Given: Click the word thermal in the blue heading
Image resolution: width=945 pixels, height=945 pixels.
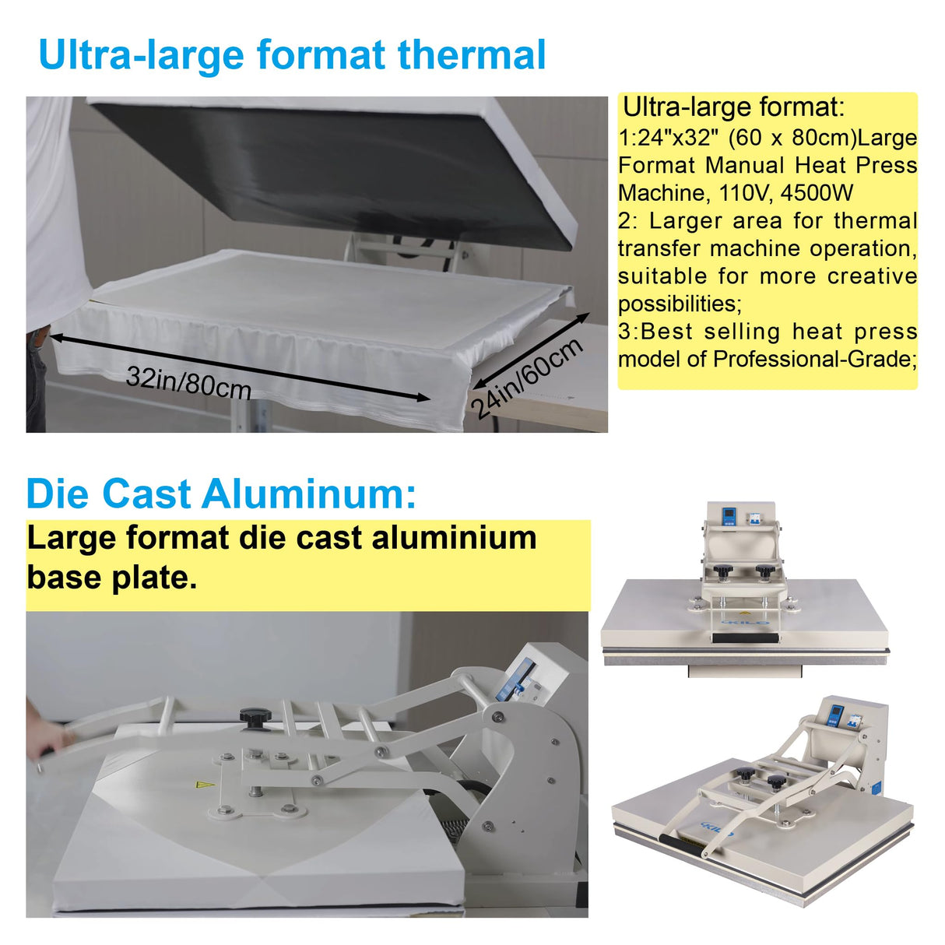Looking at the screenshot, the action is pos(472,55).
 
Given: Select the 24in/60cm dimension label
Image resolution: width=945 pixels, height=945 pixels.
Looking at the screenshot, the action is pos(528,378).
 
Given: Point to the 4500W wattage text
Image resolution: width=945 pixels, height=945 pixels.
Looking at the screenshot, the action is pos(817,193).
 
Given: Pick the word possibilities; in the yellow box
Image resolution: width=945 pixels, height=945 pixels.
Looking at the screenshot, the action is pos(680,304).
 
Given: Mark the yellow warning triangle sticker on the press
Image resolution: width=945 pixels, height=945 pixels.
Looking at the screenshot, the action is pos(205,785).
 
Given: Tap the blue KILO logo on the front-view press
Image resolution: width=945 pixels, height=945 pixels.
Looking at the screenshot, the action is pos(747,622).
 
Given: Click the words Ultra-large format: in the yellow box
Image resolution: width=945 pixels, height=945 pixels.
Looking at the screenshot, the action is pos(733,107).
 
